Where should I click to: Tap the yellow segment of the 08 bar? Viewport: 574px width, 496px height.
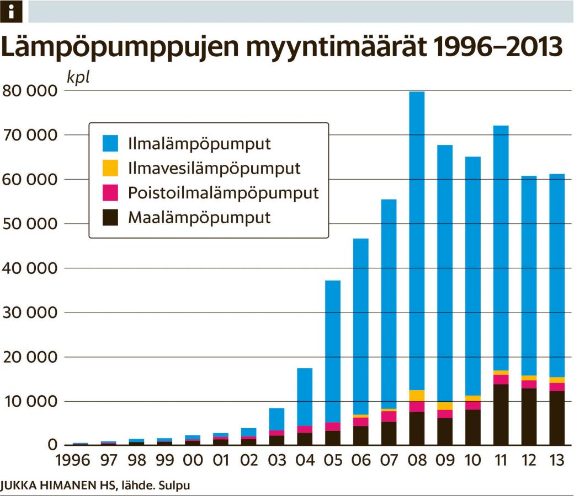pos(417,396)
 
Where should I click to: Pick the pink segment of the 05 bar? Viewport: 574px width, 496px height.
pos(332,427)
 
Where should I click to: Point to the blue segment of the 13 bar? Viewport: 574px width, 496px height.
pos(557,276)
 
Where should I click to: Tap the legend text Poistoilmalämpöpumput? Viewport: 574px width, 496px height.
pos(224,193)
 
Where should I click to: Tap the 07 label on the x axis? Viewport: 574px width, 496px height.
pos(389,460)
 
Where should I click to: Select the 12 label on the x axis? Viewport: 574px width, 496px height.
pos(529,460)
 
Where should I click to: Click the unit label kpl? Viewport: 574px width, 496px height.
pos(78,77)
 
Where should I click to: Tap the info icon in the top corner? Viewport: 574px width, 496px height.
pos(11,11)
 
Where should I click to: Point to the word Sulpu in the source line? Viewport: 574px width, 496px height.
pos(178,486)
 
